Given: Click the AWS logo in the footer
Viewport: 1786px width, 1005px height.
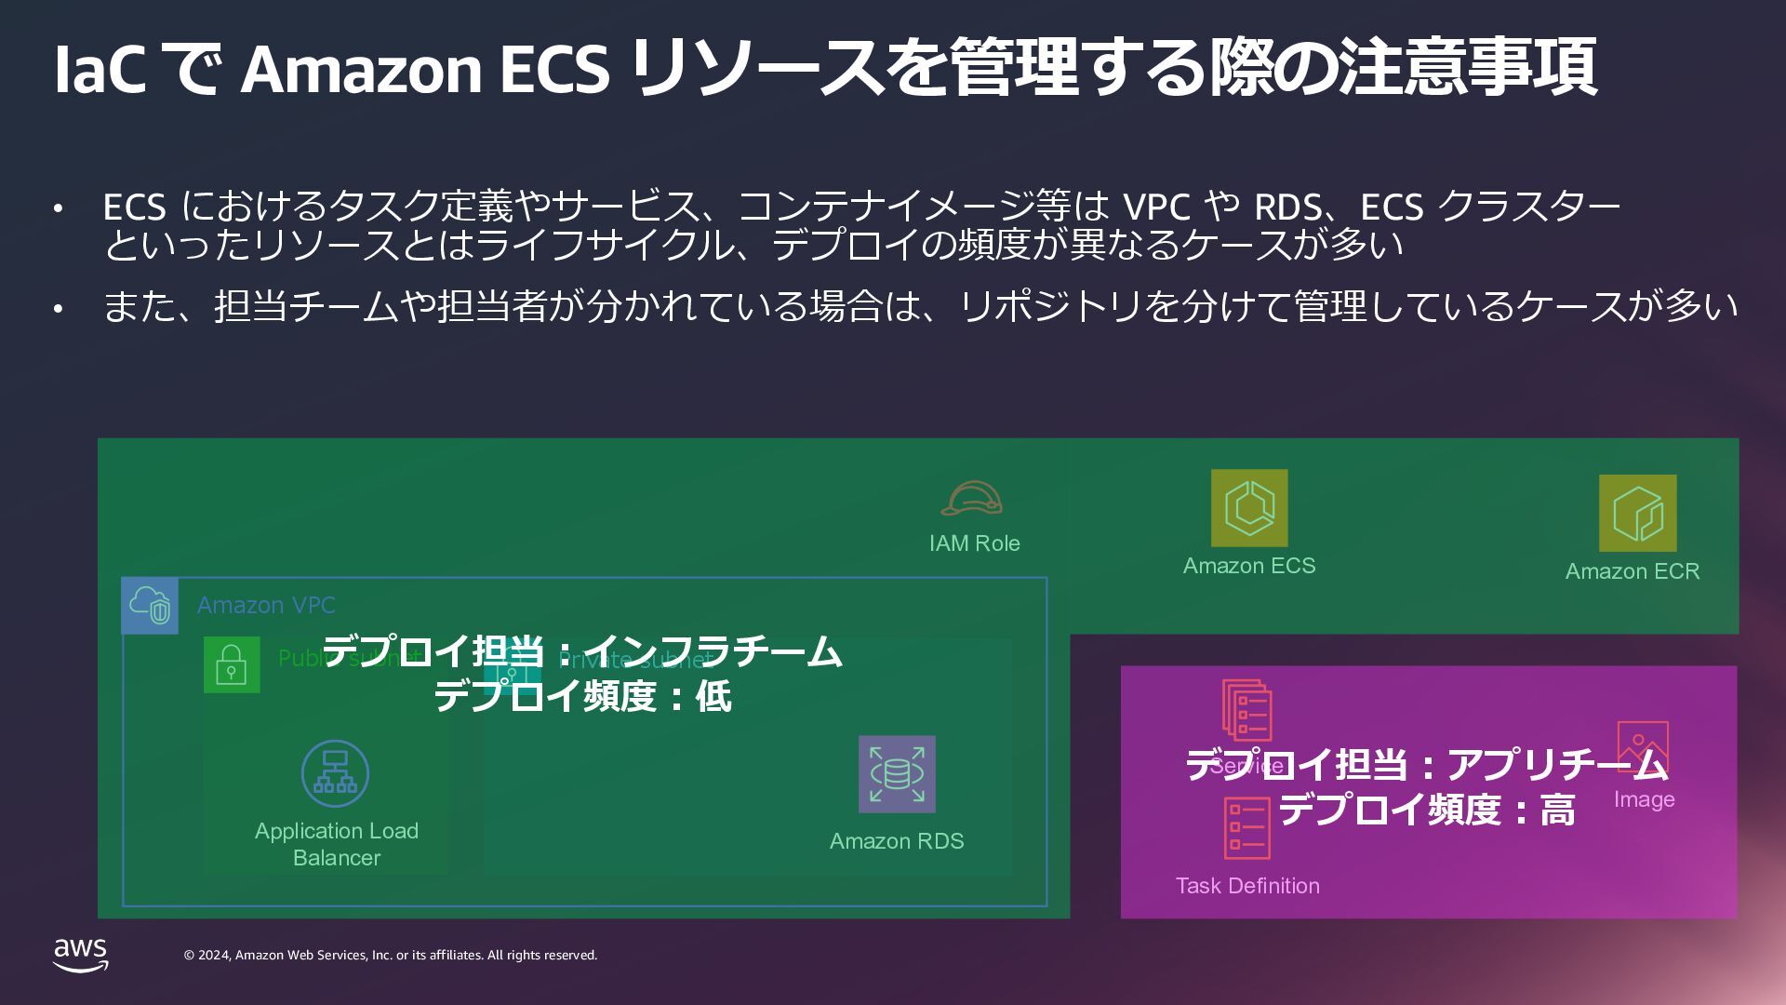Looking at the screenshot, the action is click(81, 955).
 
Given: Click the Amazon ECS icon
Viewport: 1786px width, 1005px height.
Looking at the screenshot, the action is click(1249, 508).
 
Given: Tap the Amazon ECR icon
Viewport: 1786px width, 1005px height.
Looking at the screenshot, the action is click(1637, 514).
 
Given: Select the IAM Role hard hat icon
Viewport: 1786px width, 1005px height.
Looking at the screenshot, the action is click(971, 499).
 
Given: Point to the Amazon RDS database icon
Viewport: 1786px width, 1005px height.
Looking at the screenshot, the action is click(897, 774).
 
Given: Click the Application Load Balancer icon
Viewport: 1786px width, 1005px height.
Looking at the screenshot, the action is click(335, 773).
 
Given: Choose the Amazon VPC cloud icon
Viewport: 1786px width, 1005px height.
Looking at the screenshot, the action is click(150, 606).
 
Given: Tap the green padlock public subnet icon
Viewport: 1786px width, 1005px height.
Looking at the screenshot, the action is click(232, 665).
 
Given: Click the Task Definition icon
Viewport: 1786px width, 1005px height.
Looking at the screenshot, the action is click(1246, 828).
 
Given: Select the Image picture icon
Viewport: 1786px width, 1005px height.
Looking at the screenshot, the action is click(1643, 746).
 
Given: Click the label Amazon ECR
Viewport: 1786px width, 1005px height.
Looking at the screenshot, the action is click(1632, 571).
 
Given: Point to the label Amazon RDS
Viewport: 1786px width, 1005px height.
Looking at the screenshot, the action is click(897, 841).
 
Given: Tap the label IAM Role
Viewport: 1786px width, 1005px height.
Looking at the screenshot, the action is click(974, 543).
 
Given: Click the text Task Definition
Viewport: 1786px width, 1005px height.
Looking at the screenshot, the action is click(1247, 886).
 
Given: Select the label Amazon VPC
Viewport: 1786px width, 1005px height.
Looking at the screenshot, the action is click(266, 606).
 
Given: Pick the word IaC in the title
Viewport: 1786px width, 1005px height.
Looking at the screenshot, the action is click(100, 70).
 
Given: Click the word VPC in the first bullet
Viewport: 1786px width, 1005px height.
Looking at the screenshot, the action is click(1156, 207).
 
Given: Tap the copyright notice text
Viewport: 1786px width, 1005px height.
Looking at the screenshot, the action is click(391, 956).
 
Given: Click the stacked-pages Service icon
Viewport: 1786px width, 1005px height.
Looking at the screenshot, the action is click(1246, 711).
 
